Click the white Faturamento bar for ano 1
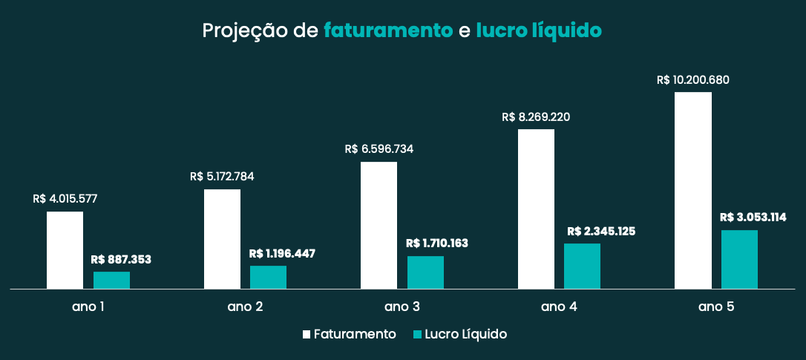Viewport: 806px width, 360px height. [65, 250]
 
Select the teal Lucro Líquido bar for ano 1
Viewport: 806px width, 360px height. [111, 280]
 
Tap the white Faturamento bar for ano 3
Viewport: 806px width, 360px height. [379, 225]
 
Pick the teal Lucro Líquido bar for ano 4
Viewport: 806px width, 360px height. [582, 266]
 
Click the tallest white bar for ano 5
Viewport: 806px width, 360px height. [692, 190]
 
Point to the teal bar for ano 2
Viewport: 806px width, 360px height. [268, 277]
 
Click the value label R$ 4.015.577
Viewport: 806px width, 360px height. [65, 199]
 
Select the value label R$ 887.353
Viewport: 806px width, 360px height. [121, 259]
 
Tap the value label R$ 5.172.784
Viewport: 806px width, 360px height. [222, 177]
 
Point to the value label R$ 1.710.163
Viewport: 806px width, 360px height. [437, 243]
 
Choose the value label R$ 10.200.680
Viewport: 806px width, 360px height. [694, 79]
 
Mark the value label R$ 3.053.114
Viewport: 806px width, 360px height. [753, 217]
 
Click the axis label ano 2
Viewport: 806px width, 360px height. [245, 307]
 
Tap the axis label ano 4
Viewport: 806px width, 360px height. [559, 307]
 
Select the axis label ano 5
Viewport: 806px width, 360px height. [716, 307]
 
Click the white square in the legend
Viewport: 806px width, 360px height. [307, 335]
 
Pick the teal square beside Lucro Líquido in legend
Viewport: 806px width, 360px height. [417, 335]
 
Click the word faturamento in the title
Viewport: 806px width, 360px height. [388, 31]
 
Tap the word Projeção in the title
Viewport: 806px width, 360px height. [240, 31]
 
